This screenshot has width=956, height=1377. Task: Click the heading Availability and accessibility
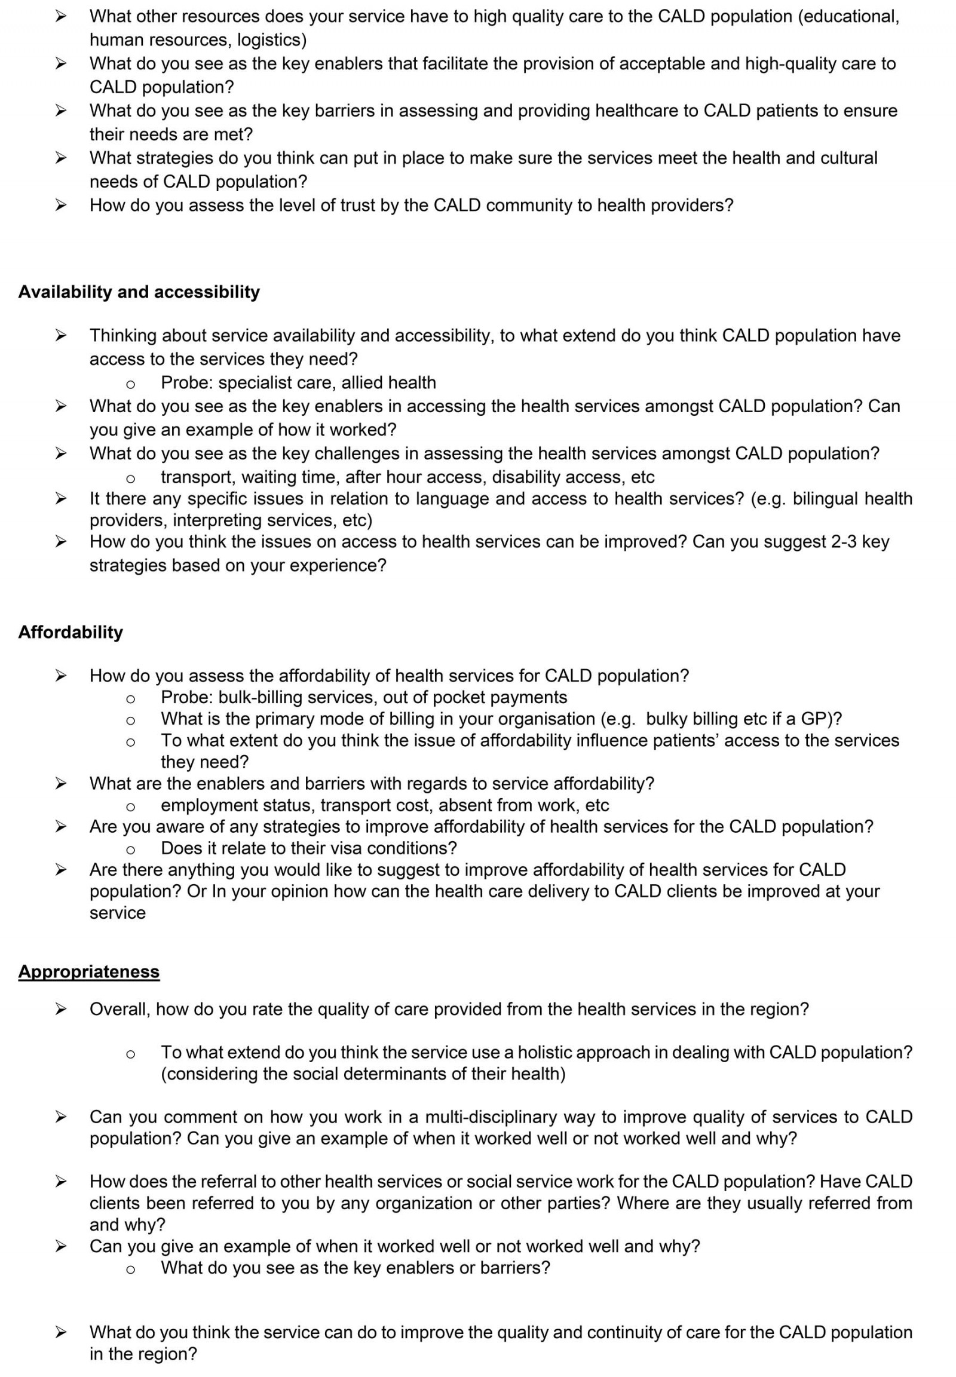tap(139, 292)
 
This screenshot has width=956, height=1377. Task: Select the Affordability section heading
tap(71, 633)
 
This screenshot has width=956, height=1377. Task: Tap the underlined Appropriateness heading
tap(88, 971)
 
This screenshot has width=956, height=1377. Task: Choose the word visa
tap(344, 849)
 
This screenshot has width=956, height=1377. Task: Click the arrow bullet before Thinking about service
tap(60, 335)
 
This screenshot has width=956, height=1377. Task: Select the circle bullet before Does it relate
tap(130, 849)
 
